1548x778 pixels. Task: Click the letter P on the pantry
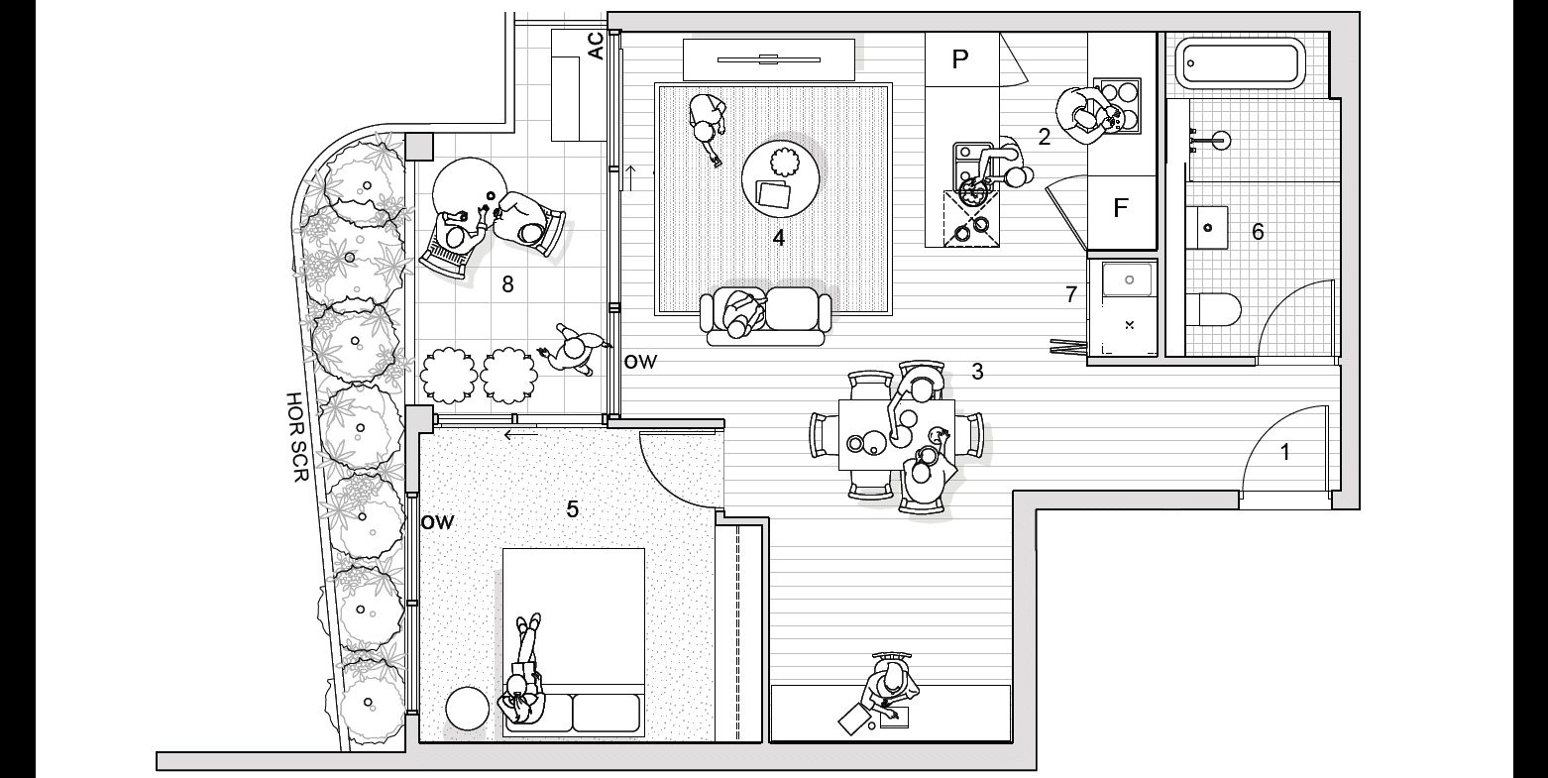(x=959, y=59)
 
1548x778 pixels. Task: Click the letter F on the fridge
(x=1121, y=208)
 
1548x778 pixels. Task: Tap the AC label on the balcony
(x=596, y=46)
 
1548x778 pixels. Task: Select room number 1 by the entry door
(x=1285, y=453)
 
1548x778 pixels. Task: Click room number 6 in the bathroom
(x=1258, y=232)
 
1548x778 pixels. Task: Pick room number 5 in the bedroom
(x=572, y=509)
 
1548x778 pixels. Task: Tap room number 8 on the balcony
(x=507, y=284)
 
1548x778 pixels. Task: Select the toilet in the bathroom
(x=1215, y=309)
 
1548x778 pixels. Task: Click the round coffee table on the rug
(x=781, y=176)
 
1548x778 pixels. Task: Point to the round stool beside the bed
(x=468, y=709)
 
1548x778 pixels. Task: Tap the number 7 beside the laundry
(x=1070, y=294)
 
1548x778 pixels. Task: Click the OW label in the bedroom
(x=437, y=522)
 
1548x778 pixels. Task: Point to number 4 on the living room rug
(x=779, y=238)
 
